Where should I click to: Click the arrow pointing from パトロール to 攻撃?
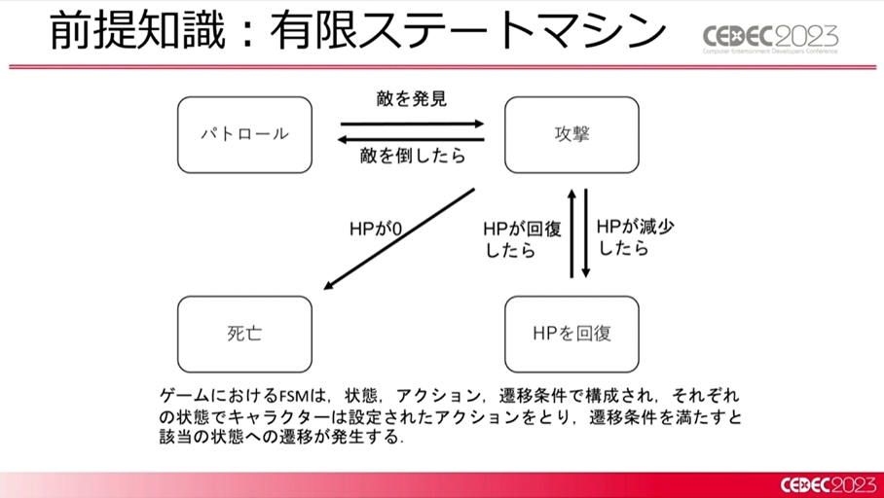click(412, 124)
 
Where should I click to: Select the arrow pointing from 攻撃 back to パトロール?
click(411, 139)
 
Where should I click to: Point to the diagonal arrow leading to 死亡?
click(399, 239)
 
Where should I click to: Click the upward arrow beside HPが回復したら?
click(571, 233)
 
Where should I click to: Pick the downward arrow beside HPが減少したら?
click(586, 233)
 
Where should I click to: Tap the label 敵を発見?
click(412, 99)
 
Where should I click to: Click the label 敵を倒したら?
click(413, 156)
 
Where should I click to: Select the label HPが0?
click(376, 230)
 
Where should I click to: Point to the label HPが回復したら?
click(522, 239)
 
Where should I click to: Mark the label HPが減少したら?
click(636, 237)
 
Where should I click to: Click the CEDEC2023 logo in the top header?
click(770, 38)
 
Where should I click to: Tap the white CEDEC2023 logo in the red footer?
click(829, 485)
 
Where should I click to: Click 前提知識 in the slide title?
click(137, 31)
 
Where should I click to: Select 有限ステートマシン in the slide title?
click(467, 31)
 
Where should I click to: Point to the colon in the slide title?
click(247, 34)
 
